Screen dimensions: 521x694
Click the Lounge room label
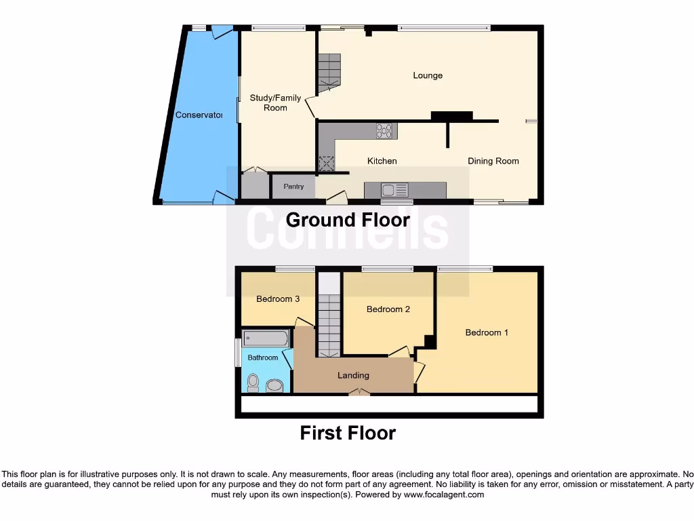click(428, 75)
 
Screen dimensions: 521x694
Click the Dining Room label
click(493, 161)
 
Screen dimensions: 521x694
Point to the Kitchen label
click(382, 161)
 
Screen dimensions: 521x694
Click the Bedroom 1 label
click(487, 332)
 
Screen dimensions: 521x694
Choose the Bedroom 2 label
click(388, 309)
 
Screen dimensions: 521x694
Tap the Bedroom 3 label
click(278, 299)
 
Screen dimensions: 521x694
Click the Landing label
click(353, 375)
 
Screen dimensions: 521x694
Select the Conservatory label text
click(199, 115)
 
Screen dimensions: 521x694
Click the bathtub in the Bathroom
click(266, 339)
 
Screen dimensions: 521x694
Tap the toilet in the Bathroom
click(253, 383)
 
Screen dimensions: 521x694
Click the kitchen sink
click(393, 189)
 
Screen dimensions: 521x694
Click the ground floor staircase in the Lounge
click(329, 72)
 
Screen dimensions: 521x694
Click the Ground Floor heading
click(348, 220)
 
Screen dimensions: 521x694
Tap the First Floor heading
click(348, 433)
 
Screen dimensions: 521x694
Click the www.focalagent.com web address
click(443, 495)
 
